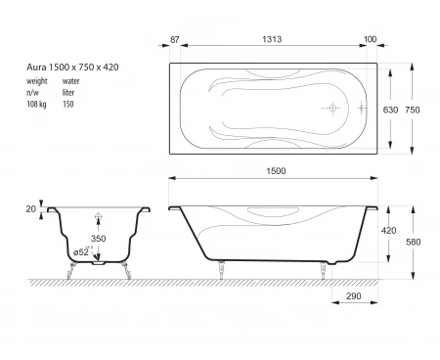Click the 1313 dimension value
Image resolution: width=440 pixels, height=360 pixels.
point(272,39)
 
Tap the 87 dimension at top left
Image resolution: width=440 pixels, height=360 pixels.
point(175,39)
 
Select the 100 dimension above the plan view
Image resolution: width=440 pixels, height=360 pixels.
point(370,39)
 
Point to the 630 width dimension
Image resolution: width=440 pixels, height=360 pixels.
point(390,110)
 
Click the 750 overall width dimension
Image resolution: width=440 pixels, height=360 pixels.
point(413,110)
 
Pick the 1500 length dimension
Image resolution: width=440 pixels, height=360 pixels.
point(276,171)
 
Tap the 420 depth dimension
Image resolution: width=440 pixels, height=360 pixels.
point(388,231)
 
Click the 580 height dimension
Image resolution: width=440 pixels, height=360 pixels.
point(414,242)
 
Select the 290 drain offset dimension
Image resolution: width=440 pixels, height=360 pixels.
point(354,296)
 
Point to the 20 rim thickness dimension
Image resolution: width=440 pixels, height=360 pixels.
point(31,209)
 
